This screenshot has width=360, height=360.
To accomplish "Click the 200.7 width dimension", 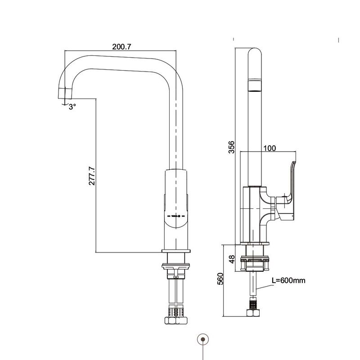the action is (121, 47).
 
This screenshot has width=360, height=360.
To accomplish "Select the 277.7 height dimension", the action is (92, 176).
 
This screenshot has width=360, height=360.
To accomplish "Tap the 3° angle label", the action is (72, 107).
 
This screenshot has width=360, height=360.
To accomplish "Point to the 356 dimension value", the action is (232, 147).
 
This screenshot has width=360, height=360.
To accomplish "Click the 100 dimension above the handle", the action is (270, 148).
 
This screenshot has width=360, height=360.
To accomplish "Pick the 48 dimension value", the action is (232, 259).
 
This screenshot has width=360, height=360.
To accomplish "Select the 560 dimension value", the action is (220, 279).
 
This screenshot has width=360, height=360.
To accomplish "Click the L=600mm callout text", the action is (288, 280).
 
